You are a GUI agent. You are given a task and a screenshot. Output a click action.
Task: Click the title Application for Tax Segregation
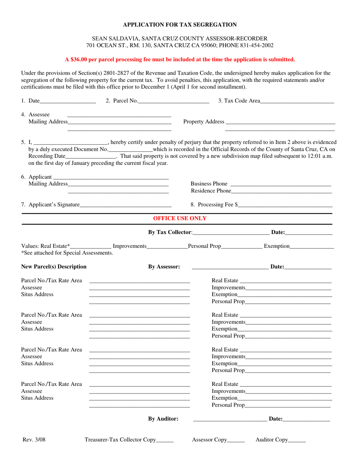(180, 25)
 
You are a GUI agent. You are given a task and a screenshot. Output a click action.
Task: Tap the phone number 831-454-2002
(257, 45)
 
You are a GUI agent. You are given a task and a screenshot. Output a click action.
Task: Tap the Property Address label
(203, 122)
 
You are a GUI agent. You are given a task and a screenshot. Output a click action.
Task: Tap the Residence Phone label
(211, 191)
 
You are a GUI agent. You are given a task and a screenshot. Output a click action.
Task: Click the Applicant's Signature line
(125, 206)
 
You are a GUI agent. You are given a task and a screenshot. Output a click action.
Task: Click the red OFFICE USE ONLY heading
(180, 219)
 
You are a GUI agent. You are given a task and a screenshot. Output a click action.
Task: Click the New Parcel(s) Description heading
(54, 267)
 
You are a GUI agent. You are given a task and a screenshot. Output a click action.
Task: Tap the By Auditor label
(163, 419)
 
